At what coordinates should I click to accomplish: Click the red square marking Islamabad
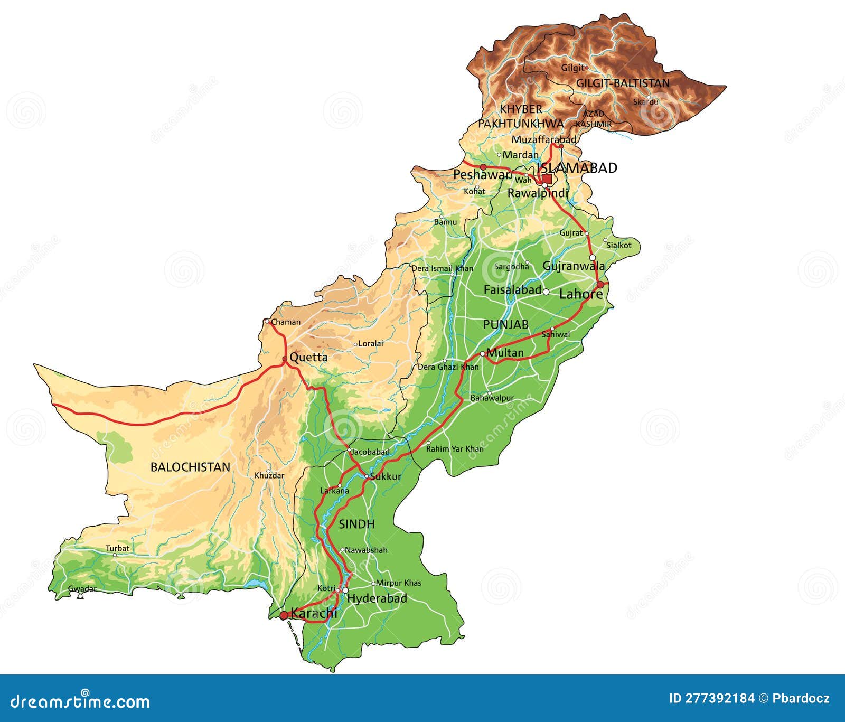[x=547, y=179]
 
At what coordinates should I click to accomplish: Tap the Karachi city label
[x=314, y=613]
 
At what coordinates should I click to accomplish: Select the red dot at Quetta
[x=285, y=359]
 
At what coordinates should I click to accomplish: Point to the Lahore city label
[x=580, y=294]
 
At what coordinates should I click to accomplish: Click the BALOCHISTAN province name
[x=190, y=467]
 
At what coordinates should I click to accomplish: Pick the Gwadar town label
[x=82, y=589]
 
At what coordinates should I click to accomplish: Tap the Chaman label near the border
[x=286, y=322]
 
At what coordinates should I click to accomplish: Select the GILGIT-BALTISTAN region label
[x=623, y=83]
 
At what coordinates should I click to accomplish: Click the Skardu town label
[x=645, y=101]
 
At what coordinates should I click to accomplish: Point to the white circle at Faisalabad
[x=546, y=292]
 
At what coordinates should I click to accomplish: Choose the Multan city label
[x=505, y=353]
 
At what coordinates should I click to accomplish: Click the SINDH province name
[x=356, y=524]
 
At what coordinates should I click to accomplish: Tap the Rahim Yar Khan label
[x=455, y=449]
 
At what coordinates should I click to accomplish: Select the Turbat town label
[x=117, y=548]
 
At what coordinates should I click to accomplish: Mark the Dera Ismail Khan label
[x=442, y=268]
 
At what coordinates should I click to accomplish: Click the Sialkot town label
[x=618, y=245]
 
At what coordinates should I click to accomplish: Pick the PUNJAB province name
[x=505, y=325]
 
